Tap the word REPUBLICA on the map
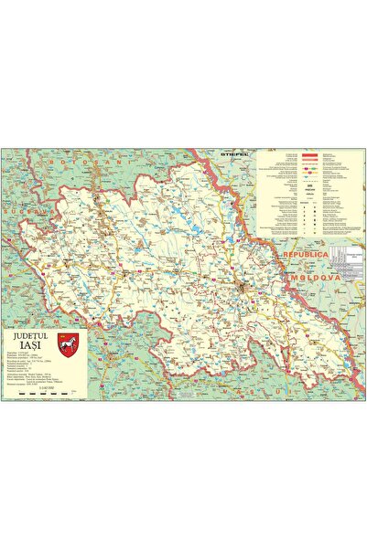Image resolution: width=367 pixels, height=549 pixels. (307, 257)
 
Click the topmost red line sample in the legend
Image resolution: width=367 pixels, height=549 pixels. (316, 154)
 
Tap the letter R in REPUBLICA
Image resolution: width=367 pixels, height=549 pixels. (286, 257)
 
